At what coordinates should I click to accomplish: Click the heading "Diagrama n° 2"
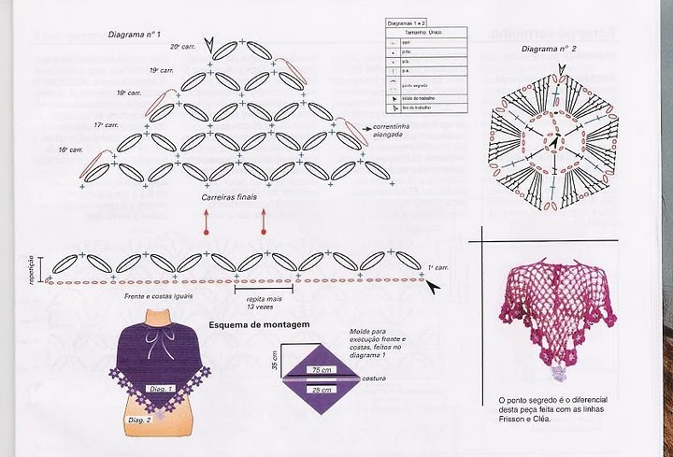(549, 48)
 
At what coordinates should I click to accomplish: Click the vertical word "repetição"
(33, 268)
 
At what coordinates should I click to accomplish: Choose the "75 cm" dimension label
(322, 370)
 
